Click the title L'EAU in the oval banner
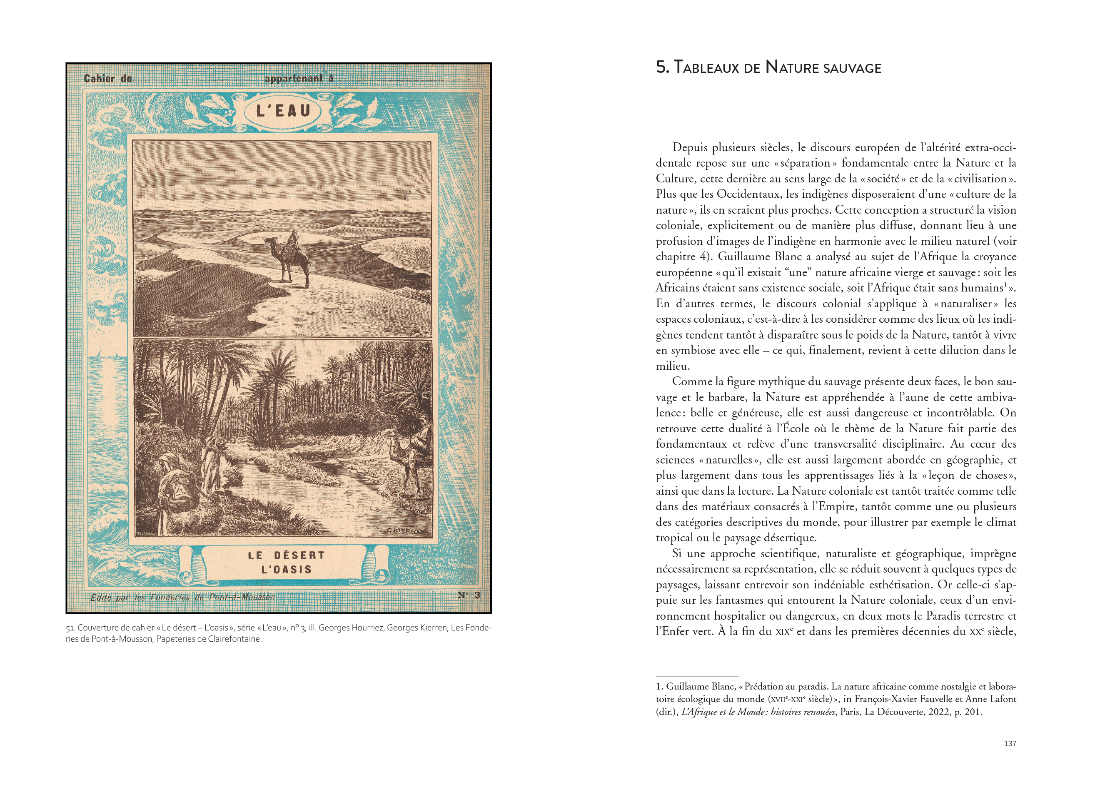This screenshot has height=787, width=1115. (x=283, y=111)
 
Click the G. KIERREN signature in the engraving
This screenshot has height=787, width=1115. (x=406, y=530)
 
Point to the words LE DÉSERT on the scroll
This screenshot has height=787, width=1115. (x=286, y=555)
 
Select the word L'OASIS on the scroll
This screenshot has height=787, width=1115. (x=286, y=570)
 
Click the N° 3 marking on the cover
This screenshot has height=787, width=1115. (x=469, y=595)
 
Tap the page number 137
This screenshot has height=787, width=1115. (x=1010, y=743)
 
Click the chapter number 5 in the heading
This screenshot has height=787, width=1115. (x=661, y=67)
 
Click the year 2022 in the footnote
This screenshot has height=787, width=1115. (x=938, y=712)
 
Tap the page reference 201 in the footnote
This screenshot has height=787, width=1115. (x=973, y=712)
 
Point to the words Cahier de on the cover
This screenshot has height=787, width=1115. (x=108, y=79)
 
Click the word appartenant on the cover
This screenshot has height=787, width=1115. (x=293, y=79)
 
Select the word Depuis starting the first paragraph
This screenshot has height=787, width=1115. (x=690, y=147)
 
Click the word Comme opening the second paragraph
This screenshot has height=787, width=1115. (x=688, y=381)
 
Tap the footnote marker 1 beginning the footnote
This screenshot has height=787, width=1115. (x=659, y=687)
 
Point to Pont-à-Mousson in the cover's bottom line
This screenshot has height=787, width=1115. (x=242, y=597)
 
